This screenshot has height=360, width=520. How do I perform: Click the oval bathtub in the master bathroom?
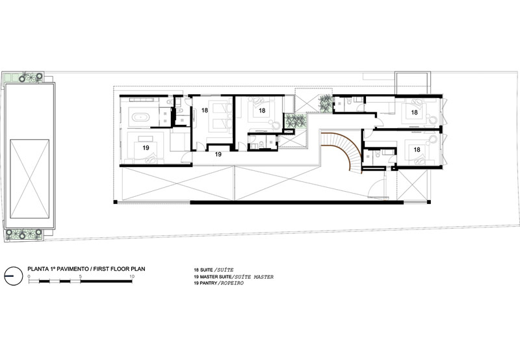coord(141,117)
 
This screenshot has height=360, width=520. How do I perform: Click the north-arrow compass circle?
coord(14,276)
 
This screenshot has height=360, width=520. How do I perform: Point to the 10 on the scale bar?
coord(132,276)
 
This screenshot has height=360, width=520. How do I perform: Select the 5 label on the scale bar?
coord(80,276)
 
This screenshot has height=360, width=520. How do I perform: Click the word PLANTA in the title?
coord(38,269)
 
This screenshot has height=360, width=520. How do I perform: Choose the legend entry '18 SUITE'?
coord(203,270)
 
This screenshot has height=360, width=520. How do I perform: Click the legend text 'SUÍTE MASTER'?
coord(254,277)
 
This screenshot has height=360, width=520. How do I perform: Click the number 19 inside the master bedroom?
coord(146,148)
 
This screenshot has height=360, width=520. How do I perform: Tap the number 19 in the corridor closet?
coord(218,154)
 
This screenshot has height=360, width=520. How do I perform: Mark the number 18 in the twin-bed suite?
coord(204,110)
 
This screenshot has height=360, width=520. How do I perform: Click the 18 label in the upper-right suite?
coord(414,112)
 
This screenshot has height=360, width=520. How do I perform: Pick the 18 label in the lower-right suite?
coord(417,150)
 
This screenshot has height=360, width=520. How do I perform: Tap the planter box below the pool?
coord(23,235)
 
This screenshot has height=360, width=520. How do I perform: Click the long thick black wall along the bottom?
coord(296,202)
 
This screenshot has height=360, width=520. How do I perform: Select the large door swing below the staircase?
coord(376,187)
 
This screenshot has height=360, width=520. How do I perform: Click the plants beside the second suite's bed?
coord(295,121)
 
